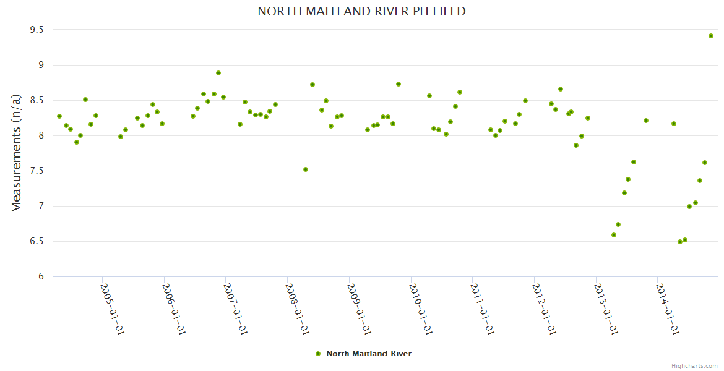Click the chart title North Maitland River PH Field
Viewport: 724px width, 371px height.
(x=361, y=11)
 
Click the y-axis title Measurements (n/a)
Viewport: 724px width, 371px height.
(x=17, y=153)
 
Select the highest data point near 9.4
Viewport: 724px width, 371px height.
(x=711, y=36)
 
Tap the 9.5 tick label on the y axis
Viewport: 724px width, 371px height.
(x=37, y=30)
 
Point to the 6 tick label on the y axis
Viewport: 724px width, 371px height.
(x=41, y=276)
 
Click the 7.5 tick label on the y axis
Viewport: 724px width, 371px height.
(x=37, y=171)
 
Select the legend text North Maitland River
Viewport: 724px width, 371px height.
(x=369, y=354)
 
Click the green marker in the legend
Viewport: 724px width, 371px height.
(x=318, y=354)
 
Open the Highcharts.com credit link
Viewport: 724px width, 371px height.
(x=694, y=365)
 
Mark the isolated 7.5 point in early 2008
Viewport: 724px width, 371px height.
(x=306, y=169)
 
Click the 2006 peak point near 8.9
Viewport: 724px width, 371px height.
(x=218, y=73)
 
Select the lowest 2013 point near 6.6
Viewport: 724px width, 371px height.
(x=614, y=235)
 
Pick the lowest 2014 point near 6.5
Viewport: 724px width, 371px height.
(x=680, y=242)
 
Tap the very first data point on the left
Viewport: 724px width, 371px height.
(x=59, y=116)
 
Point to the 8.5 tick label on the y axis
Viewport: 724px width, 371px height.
(x=37, y=100)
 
